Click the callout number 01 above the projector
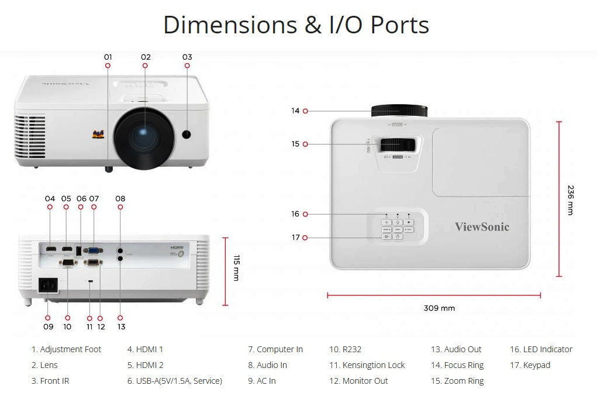click(x=108, y=57)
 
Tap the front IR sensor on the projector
click(x=187, y=134)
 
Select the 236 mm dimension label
click(x=571, y=200)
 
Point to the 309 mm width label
click(x=439, y=308)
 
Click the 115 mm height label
click(x=236, y=267)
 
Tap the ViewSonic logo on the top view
click(x=482, y=227)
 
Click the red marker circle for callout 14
click(x=305, y=111)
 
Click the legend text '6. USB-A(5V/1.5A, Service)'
click(x=174, y=381)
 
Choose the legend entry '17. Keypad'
click(x=530, y=365)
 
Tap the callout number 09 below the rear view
click(x=48, y=326)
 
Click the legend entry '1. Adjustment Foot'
click(x=66, y=349)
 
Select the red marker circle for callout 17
click(x=305, y=238)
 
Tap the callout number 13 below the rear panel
click(x=121, y=326)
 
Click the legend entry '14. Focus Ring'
click(x=457, y=365)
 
